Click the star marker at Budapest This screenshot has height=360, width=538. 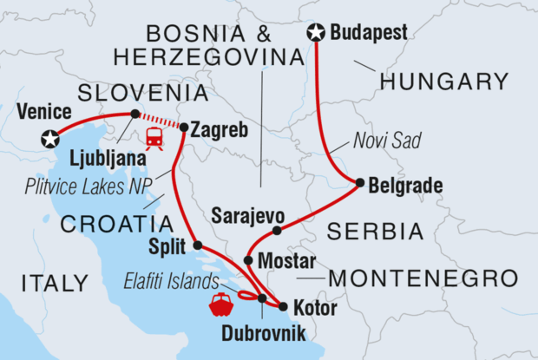pyautogui.click(x=316, y=33)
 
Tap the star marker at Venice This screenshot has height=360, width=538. pyautogui.click(x=51, y=138)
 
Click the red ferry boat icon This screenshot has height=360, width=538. pyautogui.click(x=220, y=304)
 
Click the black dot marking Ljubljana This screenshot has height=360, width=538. pyautogui.click(x=134, y=114)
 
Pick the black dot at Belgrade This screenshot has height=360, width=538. pyautogui.click(x=359, y=182)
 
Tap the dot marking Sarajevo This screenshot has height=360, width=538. pyautogui.click(x=277, y=231)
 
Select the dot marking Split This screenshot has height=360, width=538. pyautogui.click(x=197, y=245)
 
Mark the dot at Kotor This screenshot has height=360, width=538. pyautogui.click(x=283, y=305)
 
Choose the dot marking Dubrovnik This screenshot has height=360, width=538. pyautogui.click(x=261, y=298)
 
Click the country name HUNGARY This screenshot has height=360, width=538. pyautogui.click(x=443, y=82)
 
